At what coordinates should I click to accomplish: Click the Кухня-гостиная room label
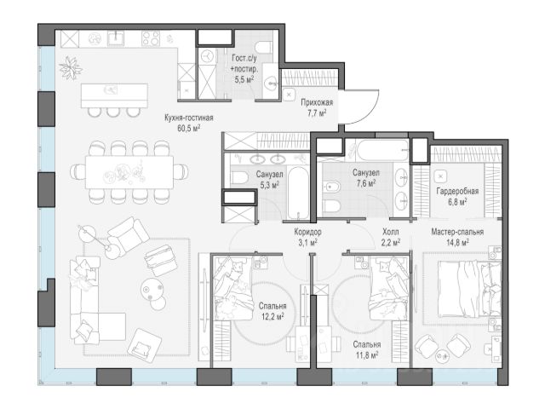(189, 118)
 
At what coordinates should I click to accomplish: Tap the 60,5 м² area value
(189, 129)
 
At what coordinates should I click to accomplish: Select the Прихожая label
(317, 102)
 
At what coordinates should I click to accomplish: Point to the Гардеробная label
(457, 191)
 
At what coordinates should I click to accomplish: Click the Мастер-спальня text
(457, 232)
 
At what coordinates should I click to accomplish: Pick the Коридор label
(307, 232)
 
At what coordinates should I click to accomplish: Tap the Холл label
(390, 232)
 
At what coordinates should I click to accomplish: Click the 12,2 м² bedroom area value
(272, 316)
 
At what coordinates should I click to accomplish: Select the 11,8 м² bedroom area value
(367, 355)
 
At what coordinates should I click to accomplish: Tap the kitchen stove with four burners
(151, 38)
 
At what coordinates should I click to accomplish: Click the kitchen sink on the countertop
(116, 37)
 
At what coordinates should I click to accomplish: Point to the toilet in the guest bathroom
(263, 47)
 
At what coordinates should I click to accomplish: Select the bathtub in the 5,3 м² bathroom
(298, 193)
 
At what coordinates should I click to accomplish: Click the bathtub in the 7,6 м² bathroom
(383, 150)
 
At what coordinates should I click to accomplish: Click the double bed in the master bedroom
(469, 289)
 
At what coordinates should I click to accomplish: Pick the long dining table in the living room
(129, 172)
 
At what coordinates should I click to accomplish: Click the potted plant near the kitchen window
(71, 67)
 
